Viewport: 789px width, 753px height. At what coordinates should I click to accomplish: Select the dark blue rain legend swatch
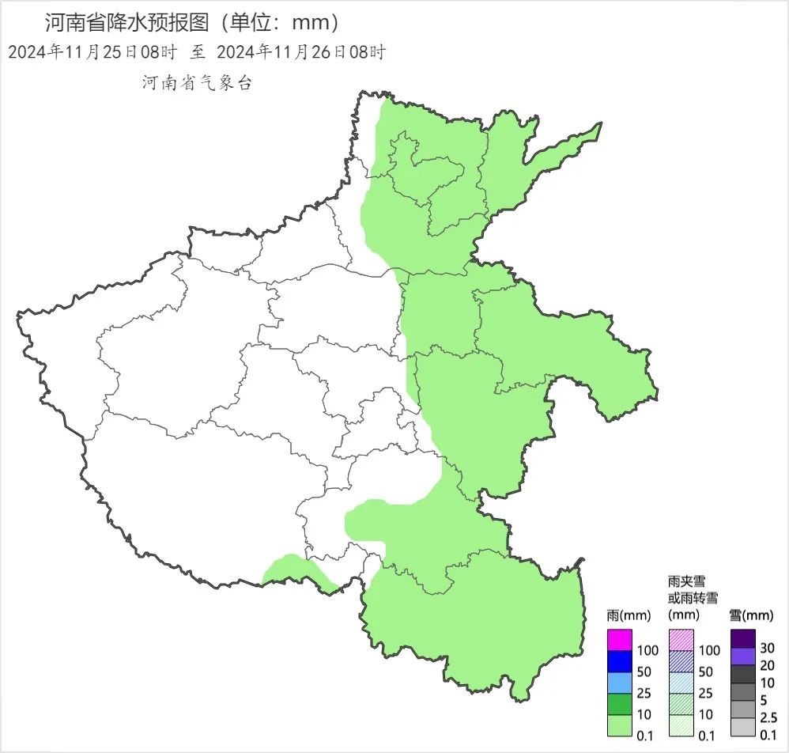(621, 660)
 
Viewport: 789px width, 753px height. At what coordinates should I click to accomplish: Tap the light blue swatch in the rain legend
(621, 682)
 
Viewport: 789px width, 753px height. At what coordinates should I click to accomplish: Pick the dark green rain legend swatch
(621, 703)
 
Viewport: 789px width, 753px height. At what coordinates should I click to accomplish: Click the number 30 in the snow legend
(768, 647)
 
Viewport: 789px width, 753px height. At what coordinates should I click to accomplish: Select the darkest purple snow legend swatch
(743, 638)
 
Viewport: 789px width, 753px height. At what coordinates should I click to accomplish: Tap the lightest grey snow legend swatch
(743, 727)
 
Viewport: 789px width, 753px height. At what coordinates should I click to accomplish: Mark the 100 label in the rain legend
(647, 650)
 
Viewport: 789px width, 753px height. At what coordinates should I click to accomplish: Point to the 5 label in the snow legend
(763, 700)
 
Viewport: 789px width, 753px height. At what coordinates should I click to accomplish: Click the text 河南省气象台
(197, 82)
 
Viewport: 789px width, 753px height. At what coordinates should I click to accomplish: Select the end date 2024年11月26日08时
(300, 52)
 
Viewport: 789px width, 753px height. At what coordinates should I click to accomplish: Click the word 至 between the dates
(198, 52)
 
